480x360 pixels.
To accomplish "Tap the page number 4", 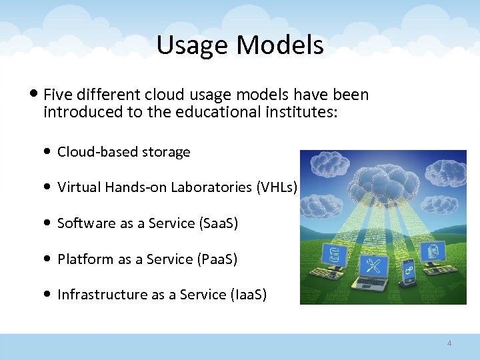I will coord(449,343).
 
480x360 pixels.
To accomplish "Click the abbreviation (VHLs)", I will coord(277,187).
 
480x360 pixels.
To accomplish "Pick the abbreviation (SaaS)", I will coord(219,223).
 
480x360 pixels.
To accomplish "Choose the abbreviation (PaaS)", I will coord(218,259).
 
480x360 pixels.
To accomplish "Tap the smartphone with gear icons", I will coord(407,273).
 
